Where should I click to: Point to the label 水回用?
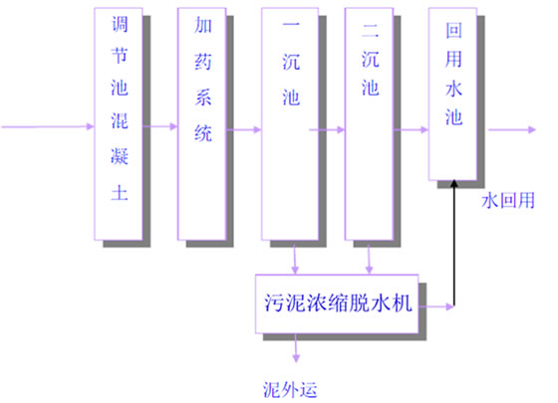tap(509, 200)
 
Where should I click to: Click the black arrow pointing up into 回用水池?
tap(454, 239)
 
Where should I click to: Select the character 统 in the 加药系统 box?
tap(203, 138)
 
